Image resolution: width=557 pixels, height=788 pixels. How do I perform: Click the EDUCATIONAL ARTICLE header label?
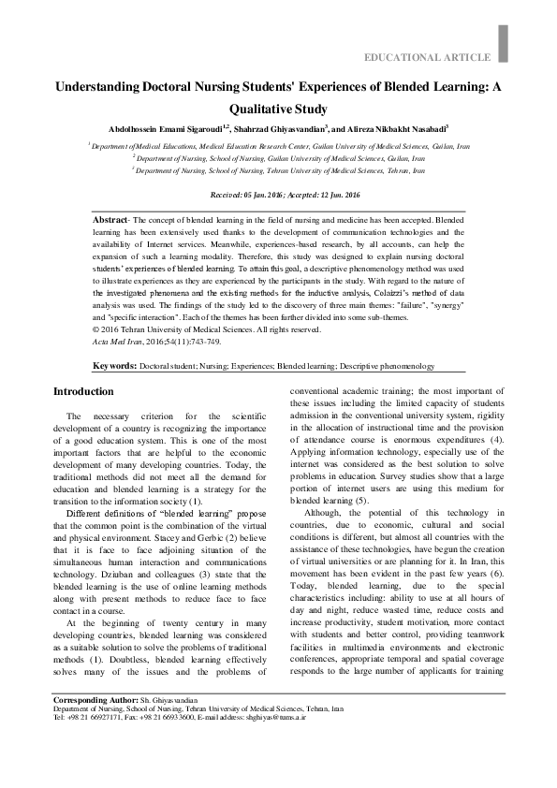point(432,58)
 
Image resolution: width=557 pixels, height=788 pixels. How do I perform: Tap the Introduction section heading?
point(83,391)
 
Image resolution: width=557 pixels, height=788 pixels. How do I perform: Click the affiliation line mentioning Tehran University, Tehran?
point(278,171)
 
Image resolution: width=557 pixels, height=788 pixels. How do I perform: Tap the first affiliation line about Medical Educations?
point(278,147)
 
